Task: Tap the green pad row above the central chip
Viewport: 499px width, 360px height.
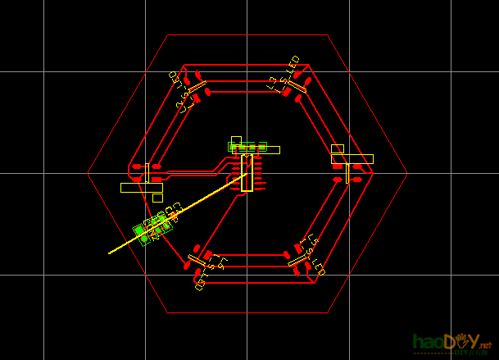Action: [247, 147]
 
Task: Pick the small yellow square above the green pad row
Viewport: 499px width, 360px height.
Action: [236, 141]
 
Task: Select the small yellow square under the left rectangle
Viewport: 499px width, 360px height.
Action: [157, 198]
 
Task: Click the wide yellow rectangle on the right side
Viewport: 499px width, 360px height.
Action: [352, 159]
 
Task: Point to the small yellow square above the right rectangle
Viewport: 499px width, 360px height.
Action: [337, 149]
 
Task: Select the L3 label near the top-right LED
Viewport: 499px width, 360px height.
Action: [276, 82]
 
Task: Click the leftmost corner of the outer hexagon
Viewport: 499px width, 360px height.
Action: [88, 173]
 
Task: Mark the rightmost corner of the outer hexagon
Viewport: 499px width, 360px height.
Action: [406, 173]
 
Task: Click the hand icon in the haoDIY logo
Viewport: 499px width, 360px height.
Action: [466, 339]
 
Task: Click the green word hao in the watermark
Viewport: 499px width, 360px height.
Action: [428, 341]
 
